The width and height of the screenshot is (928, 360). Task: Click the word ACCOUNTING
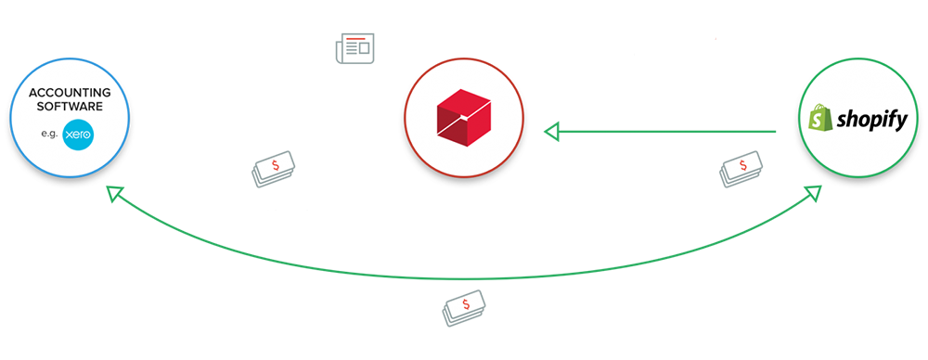click(x=70, y=93)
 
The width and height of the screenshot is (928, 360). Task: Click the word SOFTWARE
click(x=70, y=107)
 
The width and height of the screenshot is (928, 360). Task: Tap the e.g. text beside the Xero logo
click(x=48, y=135)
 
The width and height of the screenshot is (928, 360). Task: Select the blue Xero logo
click(x=78, y=135)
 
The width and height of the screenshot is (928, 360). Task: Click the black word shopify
click(x=871, y=121)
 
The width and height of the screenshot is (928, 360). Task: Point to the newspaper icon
click(x=355, y=48)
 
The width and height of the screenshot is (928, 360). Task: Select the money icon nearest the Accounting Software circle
click(x=273, y=169)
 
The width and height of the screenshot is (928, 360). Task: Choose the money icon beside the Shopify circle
click(x=741, y=170)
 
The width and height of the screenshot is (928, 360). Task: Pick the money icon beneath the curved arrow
click(x=463, y=308)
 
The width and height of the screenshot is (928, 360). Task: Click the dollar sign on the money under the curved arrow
click(x=467, y=304)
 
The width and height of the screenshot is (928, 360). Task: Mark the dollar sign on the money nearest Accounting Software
click(x=276, y=165)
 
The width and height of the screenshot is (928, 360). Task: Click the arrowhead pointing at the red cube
click(x=551, y=132)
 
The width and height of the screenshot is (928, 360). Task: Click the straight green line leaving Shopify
click(x=667, y=132)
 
